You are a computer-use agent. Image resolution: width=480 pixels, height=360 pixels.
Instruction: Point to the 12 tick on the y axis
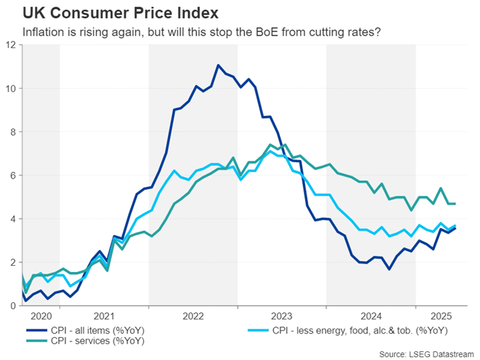pyautogui.click(x=11, y=45)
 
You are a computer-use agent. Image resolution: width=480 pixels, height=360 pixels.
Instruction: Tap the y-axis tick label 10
pyautogui.click(x=11, y=89)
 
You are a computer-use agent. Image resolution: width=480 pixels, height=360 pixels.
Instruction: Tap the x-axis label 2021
pyautogui.click(x=104, y=316)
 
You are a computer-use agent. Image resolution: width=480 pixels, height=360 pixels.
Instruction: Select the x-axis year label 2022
pyautogui.click(x=193, y=316)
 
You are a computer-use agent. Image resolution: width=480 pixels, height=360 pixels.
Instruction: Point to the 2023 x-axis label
pyautogui.click(x=281, y=316)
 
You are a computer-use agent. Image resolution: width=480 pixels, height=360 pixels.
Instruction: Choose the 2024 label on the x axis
pyautogui.click(x=371, y=316)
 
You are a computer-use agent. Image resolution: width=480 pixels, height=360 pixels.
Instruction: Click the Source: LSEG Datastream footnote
pyautogui.click(x=426, y=354)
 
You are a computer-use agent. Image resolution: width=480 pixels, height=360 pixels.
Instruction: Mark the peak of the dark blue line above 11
pyautogui.click(x=219, y=65)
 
